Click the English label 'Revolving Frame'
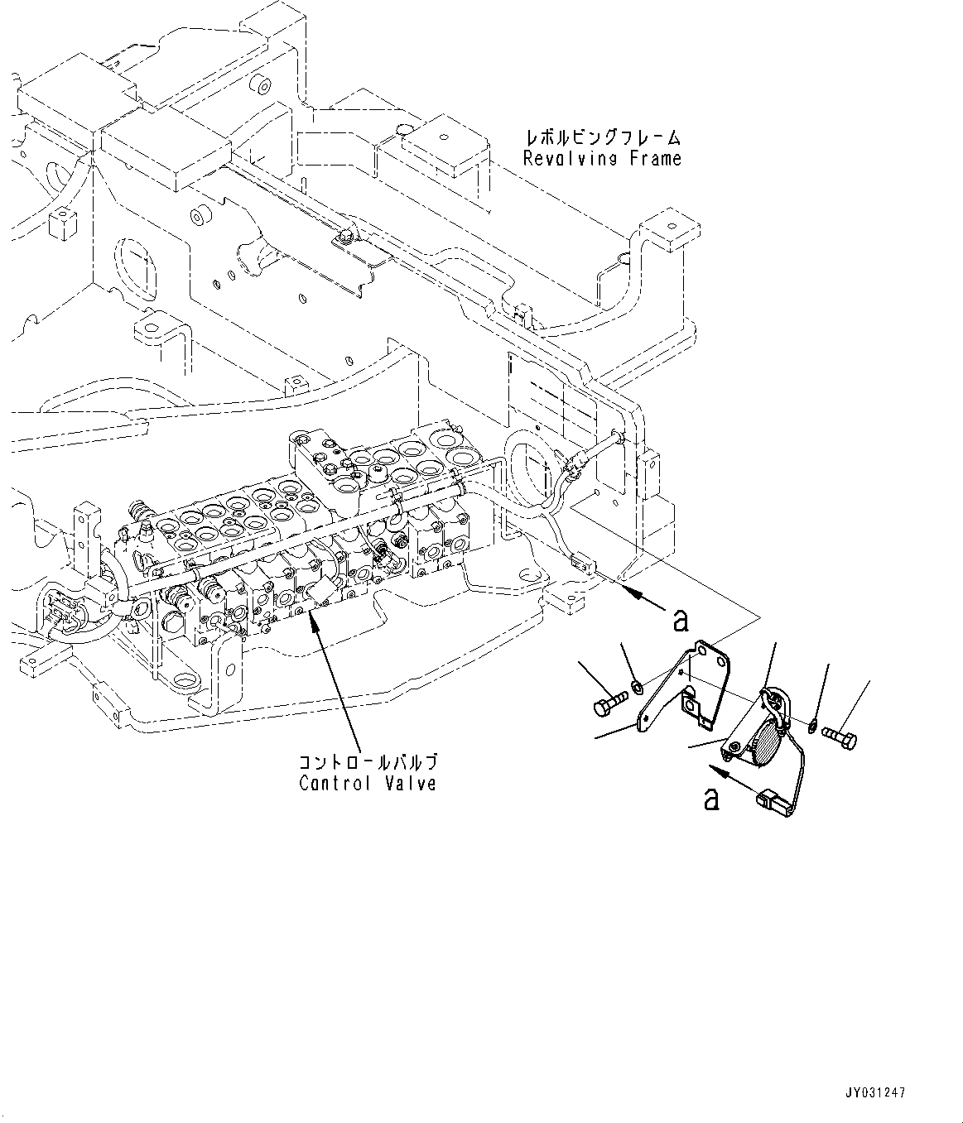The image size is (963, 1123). point(602,158)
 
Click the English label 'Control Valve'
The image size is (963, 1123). point(368,782)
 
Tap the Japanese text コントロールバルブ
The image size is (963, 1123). point(368,761)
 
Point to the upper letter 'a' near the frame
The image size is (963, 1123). point(681,619)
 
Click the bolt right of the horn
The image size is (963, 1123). point(838,734)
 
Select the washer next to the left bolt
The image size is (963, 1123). point(637,686)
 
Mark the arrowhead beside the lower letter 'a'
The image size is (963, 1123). point(723,770)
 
